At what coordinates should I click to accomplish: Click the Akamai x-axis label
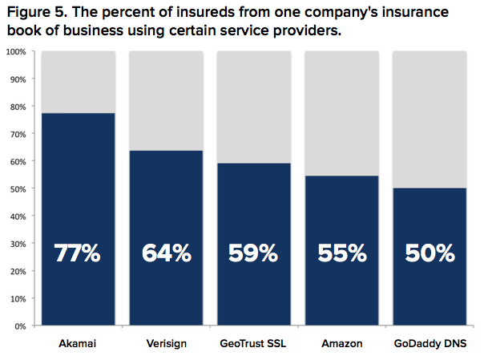pyautogui.click(x=78, y=344)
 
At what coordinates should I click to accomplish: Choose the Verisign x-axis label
pyautogui.click(x=167, y=344)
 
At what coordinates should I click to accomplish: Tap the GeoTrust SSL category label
pyautogui.click(x=254, y=344)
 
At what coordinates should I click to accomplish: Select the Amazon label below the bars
pyautogui.click(x=342, y=344)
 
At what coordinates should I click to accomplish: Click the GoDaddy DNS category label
pyautogui.click(x=430, y=344)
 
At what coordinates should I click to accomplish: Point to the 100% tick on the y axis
pyautogui.click(x=17, y=52)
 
